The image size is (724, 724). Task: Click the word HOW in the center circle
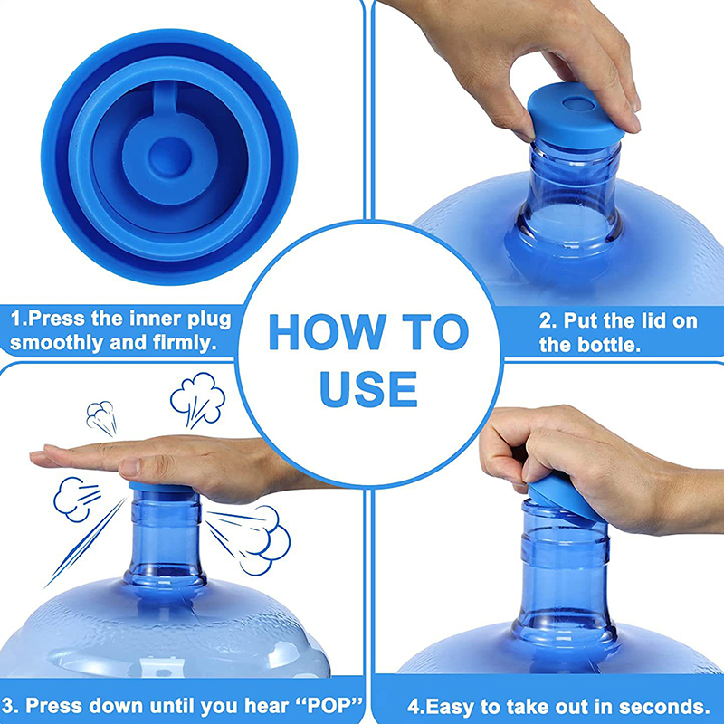click(x=328, y=332)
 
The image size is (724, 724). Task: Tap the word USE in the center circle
click(x=368, y=389)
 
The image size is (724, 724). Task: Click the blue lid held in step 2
click(x=575, y=117)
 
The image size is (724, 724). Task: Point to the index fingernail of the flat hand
click(x=129, y=467)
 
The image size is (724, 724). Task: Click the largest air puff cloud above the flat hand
click(x=197, y=399)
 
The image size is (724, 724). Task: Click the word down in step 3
click(x=117, y=706)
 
